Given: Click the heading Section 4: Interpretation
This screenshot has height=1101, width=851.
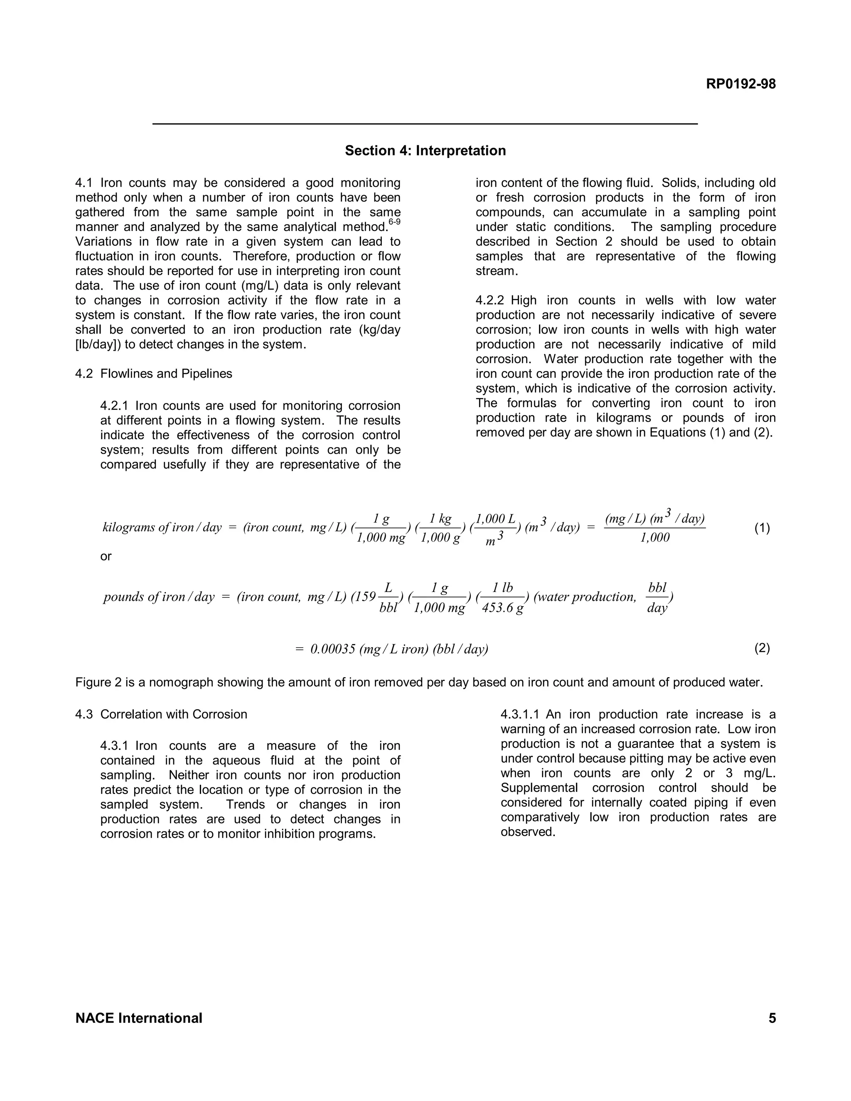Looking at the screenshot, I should point(425,151).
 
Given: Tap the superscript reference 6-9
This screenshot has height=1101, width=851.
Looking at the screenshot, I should point(394,222).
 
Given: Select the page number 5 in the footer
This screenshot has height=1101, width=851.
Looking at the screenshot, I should point(772,1018).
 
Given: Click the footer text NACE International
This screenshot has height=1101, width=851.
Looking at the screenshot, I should point(139,1018).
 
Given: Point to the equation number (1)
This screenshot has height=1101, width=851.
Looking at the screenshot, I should point(762,528).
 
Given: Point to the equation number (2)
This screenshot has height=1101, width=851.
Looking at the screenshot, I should point(762,648).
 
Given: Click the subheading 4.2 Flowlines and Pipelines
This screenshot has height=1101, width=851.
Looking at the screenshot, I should point(154,374).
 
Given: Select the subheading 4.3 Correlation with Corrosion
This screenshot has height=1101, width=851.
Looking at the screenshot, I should point(161,714).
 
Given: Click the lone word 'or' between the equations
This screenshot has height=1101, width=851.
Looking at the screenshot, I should point(106,557).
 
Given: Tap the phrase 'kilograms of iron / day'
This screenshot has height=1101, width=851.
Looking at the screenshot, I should point(162,528).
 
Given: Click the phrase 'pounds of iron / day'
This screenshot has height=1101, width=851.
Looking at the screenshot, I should point(159,597).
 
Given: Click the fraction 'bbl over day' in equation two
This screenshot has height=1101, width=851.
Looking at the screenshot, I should point(657,598).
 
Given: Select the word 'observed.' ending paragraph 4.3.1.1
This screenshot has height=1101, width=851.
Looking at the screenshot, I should point(527,832).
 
